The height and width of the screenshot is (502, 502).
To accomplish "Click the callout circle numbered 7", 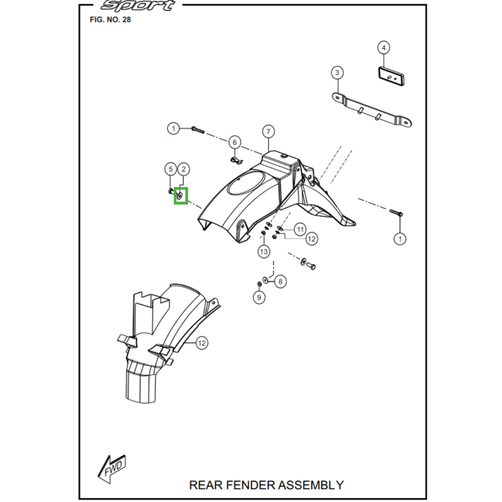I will tap(268, 131).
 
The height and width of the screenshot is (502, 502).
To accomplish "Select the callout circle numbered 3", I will tap(337, 73).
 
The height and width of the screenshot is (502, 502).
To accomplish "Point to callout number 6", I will tap(234, 142).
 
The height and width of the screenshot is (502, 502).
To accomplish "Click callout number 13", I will tap(264, 252).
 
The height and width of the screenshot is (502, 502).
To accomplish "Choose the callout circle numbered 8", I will tap(280, 281).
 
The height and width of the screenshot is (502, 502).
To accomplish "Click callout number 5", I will tap(169, 168).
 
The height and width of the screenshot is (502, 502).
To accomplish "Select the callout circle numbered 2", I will tap(183, 168).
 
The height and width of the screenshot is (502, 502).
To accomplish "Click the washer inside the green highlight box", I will tap(181, 196).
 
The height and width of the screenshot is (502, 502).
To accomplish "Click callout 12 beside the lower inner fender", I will tap(201, 343).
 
